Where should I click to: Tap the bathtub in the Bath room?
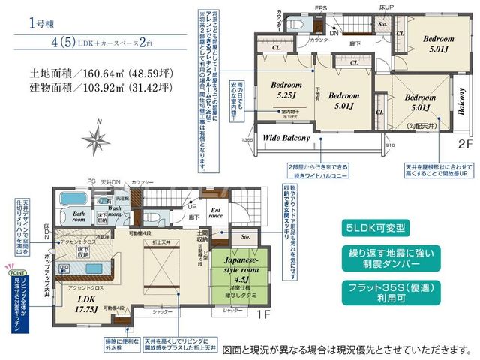(71, 200)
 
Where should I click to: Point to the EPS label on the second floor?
(320, 9)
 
